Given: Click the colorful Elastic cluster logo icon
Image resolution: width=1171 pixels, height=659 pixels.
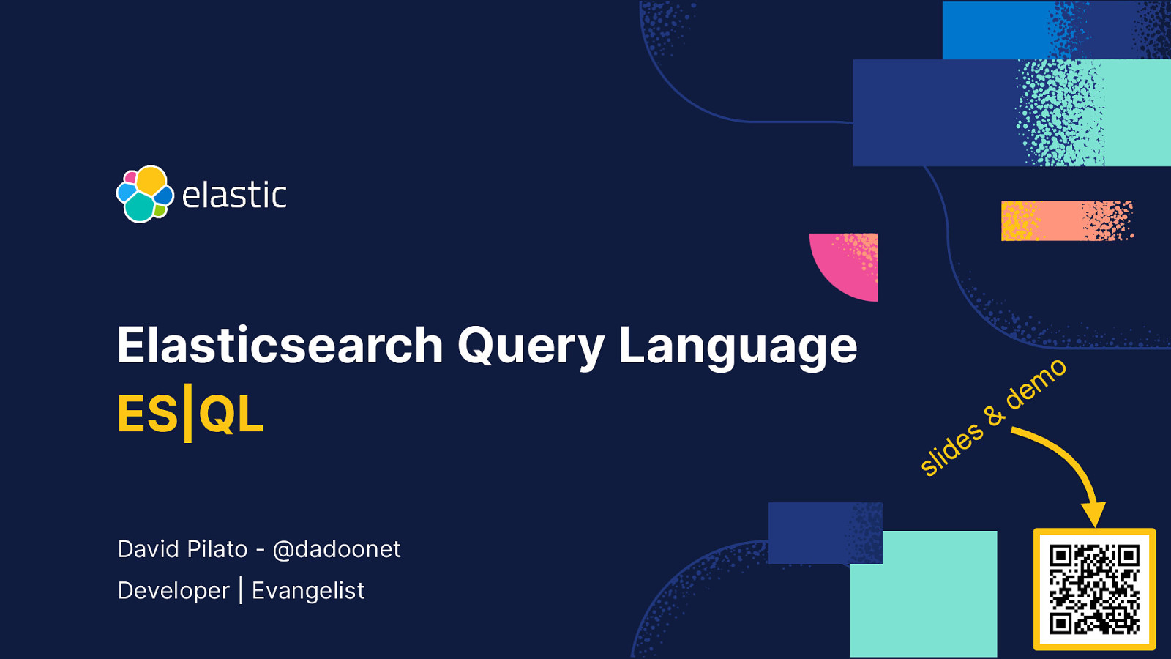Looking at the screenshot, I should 145,194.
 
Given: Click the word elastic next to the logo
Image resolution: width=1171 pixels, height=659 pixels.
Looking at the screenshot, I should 234,196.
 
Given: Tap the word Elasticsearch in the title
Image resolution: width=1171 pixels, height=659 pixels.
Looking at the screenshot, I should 280,346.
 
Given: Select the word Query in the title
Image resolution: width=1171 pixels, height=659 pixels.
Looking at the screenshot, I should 531,346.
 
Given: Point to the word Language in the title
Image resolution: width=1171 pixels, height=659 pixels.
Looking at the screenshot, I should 738,346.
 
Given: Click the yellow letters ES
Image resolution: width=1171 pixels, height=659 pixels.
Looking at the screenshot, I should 147,414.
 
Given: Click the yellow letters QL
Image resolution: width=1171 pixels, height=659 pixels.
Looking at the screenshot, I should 231,414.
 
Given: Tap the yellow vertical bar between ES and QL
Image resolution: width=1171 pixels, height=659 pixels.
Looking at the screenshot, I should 188,414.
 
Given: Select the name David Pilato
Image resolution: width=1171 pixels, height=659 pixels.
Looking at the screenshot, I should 182,549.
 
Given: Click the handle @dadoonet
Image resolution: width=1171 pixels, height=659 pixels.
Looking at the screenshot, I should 336,549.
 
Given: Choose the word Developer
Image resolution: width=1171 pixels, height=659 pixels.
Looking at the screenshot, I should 173,591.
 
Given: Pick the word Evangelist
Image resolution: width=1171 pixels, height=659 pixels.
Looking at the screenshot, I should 308,591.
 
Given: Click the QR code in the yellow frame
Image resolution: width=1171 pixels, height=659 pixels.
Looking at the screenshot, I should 1094,589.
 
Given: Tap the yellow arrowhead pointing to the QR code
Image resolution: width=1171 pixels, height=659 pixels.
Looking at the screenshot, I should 1093,514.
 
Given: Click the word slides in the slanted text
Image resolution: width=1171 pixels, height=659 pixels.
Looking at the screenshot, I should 951,448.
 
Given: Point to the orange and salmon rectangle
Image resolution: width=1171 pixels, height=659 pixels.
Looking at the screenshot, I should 1066,220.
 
